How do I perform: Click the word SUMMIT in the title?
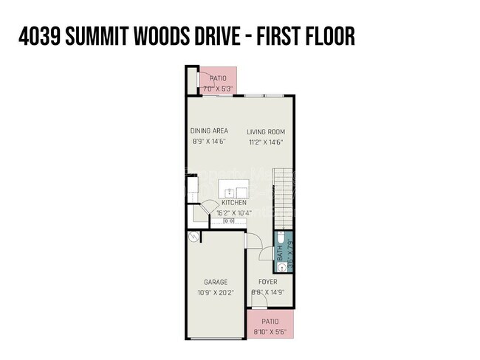click(108, 36)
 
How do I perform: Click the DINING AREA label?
click(209, 131)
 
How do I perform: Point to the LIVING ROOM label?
click(266, 132)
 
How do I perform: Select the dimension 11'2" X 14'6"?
click(266, 142)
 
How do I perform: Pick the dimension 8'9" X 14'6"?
click(209, 142)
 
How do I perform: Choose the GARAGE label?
click(216, 282)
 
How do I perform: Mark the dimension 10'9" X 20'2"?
click(216, 292)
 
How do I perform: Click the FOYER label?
click(267, 282)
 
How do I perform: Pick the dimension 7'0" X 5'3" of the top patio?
click(218, 89)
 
